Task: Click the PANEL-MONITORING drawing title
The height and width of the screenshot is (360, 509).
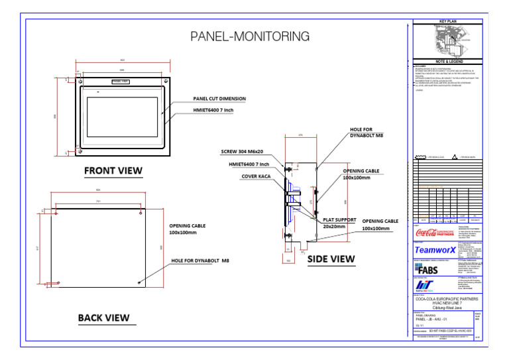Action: (241, 36)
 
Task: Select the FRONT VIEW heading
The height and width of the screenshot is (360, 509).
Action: (113, 171)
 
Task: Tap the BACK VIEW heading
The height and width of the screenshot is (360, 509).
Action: (103, 318)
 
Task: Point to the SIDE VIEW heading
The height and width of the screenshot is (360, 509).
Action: (331, 259)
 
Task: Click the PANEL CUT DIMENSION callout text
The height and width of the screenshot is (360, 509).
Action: (219, 98)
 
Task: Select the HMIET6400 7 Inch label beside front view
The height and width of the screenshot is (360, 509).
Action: (213, 111)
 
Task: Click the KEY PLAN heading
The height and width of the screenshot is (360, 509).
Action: (449, 22)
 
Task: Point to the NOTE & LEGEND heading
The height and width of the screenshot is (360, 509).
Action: (449, 62)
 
